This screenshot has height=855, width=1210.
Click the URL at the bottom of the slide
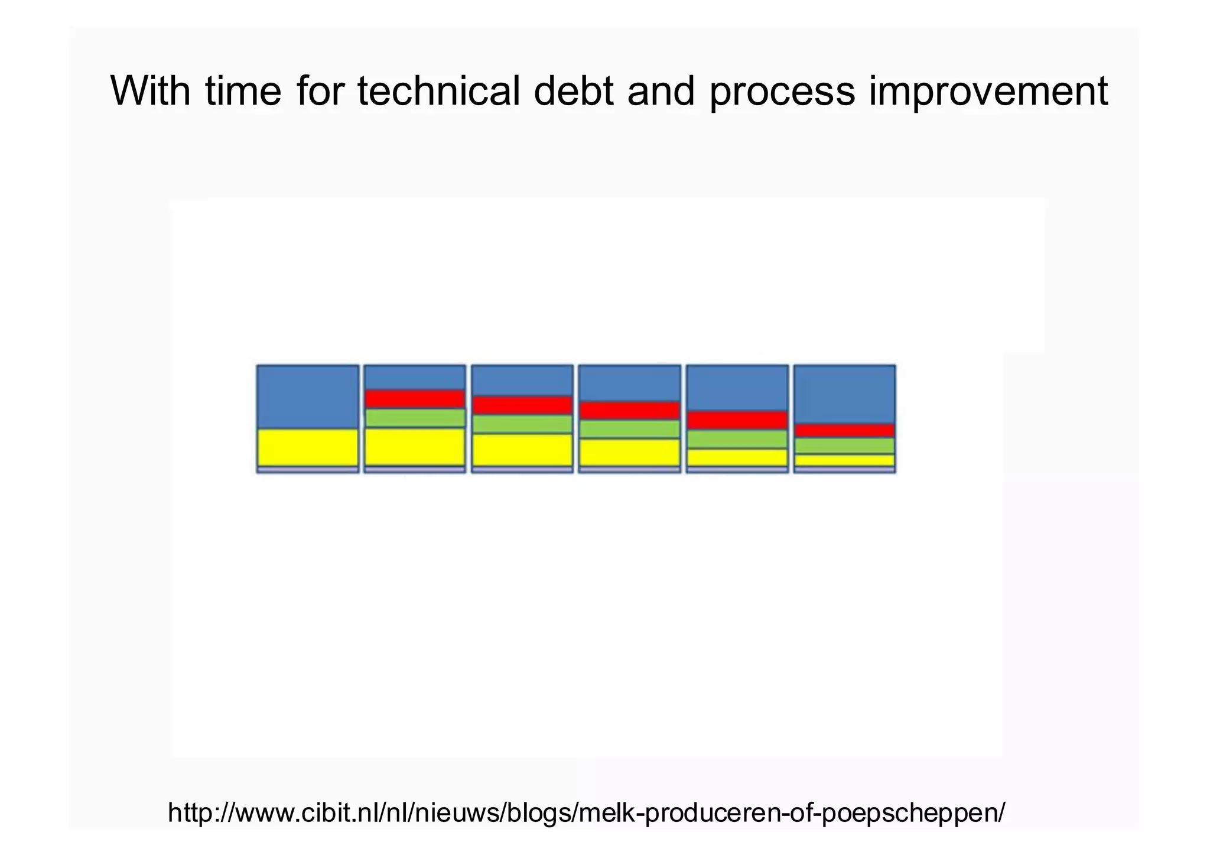point(586,813)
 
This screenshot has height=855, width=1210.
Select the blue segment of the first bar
point(308,396)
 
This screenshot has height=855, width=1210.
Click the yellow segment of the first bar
point(308,447)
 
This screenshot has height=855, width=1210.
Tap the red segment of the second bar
point(415,399)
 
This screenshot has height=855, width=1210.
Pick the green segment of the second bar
point(415,418)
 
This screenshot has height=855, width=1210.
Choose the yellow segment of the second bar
point(415,447)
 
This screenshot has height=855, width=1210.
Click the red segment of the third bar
point(522,405)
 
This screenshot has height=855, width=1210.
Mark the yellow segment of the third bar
point(522,450)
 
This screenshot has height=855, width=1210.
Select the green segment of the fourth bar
point(629,429)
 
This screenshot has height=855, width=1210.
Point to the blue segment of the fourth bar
point(629,383)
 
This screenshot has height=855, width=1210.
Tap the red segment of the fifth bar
point(737,420)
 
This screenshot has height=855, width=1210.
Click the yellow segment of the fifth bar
point(737,457)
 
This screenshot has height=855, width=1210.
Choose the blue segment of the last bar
point(844,394)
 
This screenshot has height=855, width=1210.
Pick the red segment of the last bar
point(844,431)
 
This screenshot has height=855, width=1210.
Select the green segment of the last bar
point(844,446)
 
